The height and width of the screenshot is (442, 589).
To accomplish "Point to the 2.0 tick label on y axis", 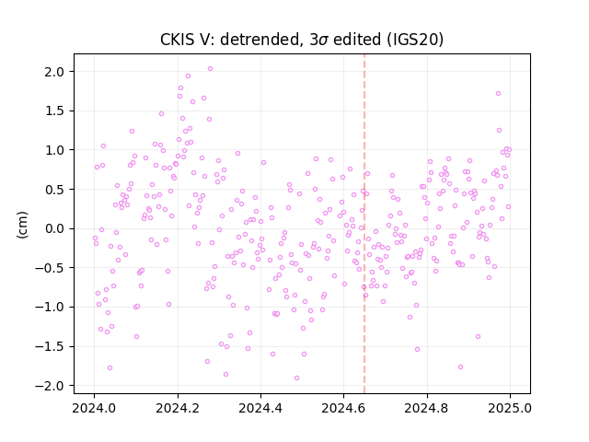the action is (x=55, y=72).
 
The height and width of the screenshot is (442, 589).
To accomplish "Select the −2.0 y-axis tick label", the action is (x=52, y=386).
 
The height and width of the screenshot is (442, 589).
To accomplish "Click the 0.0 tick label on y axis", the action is (x=55, y=228).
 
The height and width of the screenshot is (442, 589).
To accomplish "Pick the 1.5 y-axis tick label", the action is (x=55, y=110).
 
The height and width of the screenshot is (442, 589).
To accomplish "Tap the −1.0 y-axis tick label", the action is (x=52, y=307).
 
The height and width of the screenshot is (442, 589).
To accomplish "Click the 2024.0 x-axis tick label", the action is (x=94, y=408).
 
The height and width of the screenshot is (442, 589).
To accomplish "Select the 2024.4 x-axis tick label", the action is (x=260, y=408).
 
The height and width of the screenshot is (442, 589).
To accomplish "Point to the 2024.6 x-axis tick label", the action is (x=343, y=408).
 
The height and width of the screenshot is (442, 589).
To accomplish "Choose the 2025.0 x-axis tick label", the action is (x=510, y=408).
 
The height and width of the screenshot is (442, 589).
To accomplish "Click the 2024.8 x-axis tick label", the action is (x=427, y=408).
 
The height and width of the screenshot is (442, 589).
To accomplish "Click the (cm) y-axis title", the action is (x=22, y=225).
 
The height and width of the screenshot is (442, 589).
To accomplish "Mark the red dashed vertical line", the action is (x=364, y=224).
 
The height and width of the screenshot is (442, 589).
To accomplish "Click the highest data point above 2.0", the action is (x=211, y=69).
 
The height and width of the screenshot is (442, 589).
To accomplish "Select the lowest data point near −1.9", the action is (x=296, y=378).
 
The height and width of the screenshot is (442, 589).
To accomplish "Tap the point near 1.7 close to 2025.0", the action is (x=499, y=94).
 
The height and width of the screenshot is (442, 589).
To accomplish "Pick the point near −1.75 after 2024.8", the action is (x=460, y=366).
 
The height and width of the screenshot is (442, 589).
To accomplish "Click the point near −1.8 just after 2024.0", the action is (x=110, y=368).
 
